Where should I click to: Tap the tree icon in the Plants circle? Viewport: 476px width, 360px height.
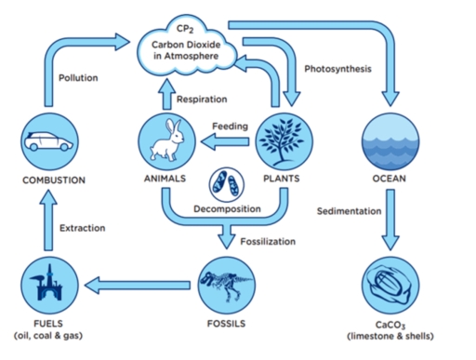pyautogui.click(x=281, y=140)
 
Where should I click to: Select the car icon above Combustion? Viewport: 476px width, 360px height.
pyautogui.click(x=45, y=142)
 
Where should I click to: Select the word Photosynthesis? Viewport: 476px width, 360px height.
pyautogui.click(x=338, y=70)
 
